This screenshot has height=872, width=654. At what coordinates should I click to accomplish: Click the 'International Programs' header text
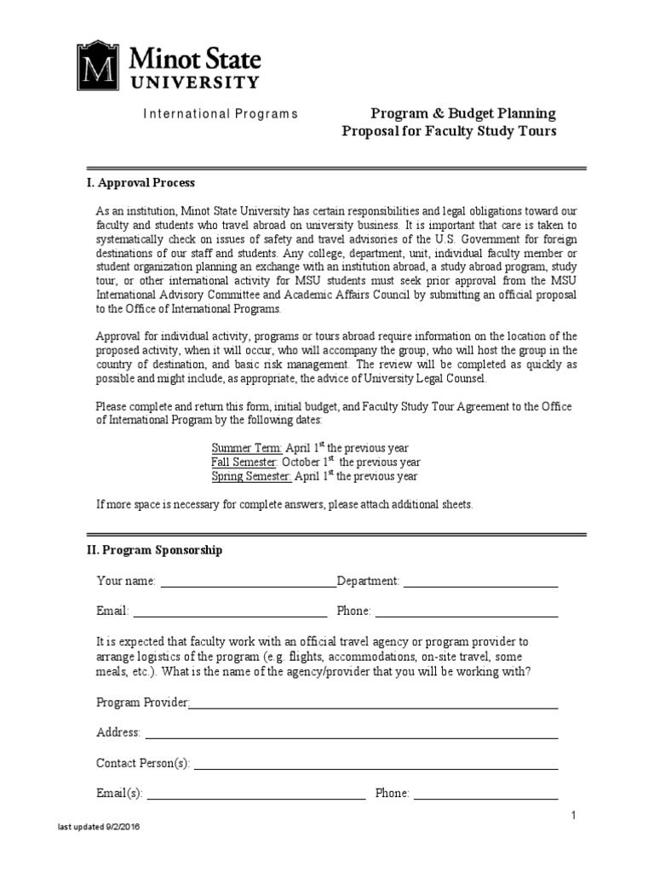[220, 114]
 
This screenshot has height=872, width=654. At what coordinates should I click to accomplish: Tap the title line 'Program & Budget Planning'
[462, 113]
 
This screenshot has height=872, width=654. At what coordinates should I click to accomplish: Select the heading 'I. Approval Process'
[141, 183]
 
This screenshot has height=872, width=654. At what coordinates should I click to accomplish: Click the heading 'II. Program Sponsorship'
[154, 550]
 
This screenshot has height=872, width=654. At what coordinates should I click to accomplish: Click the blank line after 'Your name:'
[248, 582]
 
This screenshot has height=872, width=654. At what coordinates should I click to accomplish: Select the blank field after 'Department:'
[480, 582]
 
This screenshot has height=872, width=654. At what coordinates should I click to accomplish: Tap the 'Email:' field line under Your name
[230, 611]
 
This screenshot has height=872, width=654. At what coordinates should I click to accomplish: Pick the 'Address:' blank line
[351, 734]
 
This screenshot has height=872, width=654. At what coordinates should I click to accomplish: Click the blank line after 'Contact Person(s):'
[376, 765]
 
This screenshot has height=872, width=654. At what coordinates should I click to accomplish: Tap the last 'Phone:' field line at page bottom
[485, 795]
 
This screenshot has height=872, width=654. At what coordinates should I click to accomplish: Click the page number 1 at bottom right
[574, 817]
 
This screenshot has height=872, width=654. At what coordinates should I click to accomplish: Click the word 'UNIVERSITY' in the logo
[194, 83]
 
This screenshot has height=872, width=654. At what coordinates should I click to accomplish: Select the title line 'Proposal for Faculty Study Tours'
[449, 131]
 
